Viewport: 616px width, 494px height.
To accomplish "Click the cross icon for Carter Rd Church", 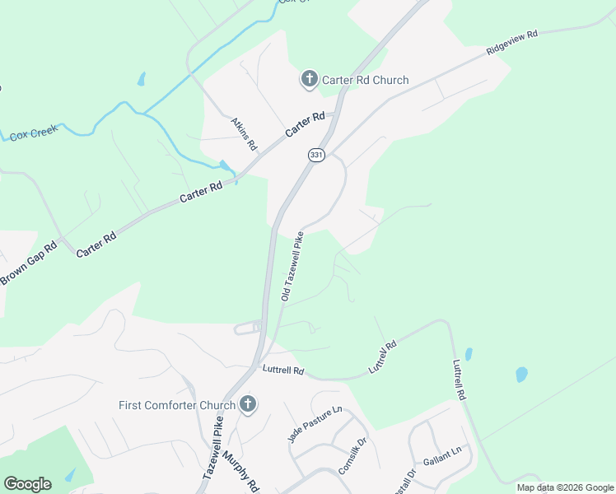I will coord(309,79).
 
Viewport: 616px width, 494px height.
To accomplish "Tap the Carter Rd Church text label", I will coord(365,80).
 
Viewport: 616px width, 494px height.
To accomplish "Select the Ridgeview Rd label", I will coord(511,43).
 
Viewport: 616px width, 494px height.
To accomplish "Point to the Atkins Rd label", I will coord(245,133).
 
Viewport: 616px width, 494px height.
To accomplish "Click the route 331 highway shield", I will coord(316,155).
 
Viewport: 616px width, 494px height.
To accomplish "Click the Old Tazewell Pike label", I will coord(293,266).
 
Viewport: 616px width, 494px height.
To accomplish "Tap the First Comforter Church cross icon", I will coord(247,404).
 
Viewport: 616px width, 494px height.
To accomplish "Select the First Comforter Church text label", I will coord(176,405).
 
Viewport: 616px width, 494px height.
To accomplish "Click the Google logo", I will coord(27,484).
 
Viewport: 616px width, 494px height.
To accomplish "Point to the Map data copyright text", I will coord(565,487).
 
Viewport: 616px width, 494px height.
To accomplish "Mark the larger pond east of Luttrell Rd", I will coord(521,374).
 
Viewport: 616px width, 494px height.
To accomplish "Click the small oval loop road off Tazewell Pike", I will coord(248,329).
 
